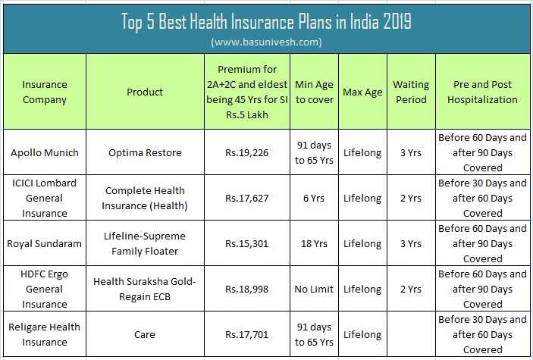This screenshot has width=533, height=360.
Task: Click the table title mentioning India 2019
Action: coord(266,21)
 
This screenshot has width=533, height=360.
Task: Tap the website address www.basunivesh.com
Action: coord(266,42)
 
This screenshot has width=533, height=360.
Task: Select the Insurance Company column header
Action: coord(44,92)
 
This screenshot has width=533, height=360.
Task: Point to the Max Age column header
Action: coord(362,92)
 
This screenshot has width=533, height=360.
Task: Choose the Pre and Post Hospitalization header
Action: coord(482,92)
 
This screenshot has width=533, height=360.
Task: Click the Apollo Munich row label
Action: coord(44,152)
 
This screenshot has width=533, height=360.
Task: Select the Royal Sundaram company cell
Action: coord(44,243)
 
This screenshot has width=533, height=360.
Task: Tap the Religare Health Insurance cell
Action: coord(44,334)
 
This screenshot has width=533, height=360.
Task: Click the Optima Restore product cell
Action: coord(144,152)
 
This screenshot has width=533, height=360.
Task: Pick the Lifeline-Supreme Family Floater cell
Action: coord(144,243)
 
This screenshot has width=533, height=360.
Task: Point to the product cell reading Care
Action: coord(144,334)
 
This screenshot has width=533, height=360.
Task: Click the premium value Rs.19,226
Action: coord(246,152)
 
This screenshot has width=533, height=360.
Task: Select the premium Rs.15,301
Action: coord(246,243)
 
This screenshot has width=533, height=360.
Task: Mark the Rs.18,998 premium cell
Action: coord(246,289)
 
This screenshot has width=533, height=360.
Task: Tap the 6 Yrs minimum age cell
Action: coord(314,198)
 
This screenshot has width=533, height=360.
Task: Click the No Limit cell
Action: coord(314,289)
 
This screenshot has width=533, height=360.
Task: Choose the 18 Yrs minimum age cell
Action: coord(314,243)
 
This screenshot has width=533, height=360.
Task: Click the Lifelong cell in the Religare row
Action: coord(362,334)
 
